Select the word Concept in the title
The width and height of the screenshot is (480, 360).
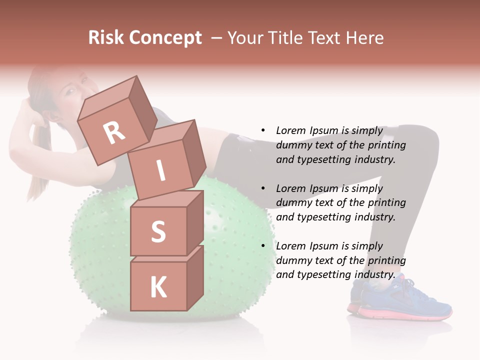[x=165, y=38]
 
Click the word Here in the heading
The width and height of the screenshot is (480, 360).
[x=365, y=38]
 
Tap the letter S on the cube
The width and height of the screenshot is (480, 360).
[x=158, y=231]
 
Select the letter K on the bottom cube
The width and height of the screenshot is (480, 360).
[x=158, y=287]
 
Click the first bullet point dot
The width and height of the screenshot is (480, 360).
[x=263, y=131]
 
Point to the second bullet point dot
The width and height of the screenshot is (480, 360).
[x=263, y=188]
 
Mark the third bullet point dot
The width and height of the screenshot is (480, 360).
[x=263, y=246]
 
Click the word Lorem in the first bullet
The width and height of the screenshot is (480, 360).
[x=290, y=131]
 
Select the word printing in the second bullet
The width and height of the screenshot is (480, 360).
[x=386, y=203]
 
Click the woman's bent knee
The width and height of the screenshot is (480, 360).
[x=427, y=145]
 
